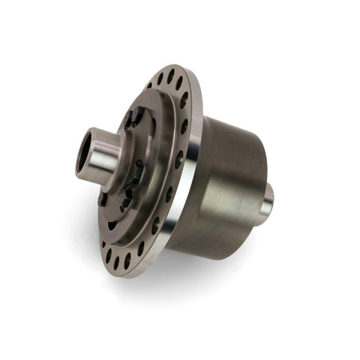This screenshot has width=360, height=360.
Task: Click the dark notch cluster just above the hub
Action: [135, 116]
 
